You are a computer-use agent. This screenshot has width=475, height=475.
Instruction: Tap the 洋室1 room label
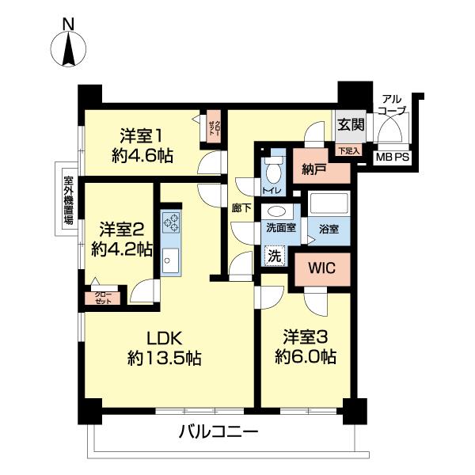tap(142, 135)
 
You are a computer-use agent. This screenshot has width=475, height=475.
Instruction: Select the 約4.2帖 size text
tap(121, 249)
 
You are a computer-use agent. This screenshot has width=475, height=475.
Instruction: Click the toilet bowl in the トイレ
tap(273, 171)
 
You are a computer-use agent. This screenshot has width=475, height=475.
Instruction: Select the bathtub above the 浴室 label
tap(329, 205)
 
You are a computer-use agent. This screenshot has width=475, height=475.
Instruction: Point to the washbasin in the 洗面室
tap(278, 211)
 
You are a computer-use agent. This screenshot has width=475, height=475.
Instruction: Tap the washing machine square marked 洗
tap(273, 256)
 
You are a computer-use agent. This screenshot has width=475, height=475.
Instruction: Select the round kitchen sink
tap(169, 257)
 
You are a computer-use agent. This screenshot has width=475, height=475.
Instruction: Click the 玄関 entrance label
tap(351, 124)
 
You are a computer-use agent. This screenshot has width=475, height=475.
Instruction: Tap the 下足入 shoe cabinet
tap(349, 150)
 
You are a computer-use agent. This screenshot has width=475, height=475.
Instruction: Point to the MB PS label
tap(393, 158)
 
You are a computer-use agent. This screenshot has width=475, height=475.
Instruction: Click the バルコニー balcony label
tap(218, 434)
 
